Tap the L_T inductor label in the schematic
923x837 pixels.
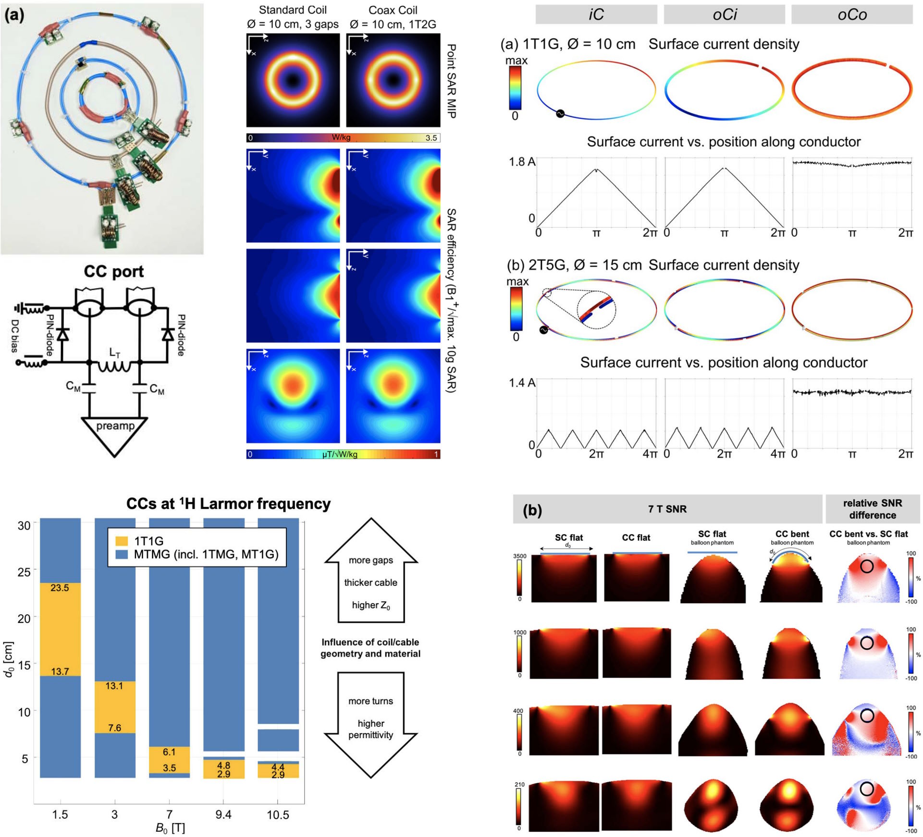tap(115, 353)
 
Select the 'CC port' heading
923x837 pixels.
tap(113, 272)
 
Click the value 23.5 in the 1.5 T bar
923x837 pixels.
tap(60, 588)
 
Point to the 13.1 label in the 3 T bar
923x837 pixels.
tap(114, 686)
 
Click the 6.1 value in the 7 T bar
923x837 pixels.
tap(169, 752)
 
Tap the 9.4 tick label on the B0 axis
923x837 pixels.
tap(223, 814)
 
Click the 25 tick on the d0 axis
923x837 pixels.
tap(24, 571)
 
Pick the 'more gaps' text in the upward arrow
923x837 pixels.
tap(370, 560)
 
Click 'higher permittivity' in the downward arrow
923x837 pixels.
tap(370, 729)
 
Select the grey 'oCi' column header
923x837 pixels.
tap(724, 14)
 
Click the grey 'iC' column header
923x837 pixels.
tap(596, 14)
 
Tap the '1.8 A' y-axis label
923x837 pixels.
tap(522, 162)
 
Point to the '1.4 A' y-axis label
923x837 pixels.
tap(522, 383)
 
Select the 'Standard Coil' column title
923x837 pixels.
tap(293, 10)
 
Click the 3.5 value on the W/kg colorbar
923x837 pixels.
tap(431, 138)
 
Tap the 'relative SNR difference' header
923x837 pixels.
tap(872, 509)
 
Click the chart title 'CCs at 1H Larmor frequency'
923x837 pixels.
tap(228, 504)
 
